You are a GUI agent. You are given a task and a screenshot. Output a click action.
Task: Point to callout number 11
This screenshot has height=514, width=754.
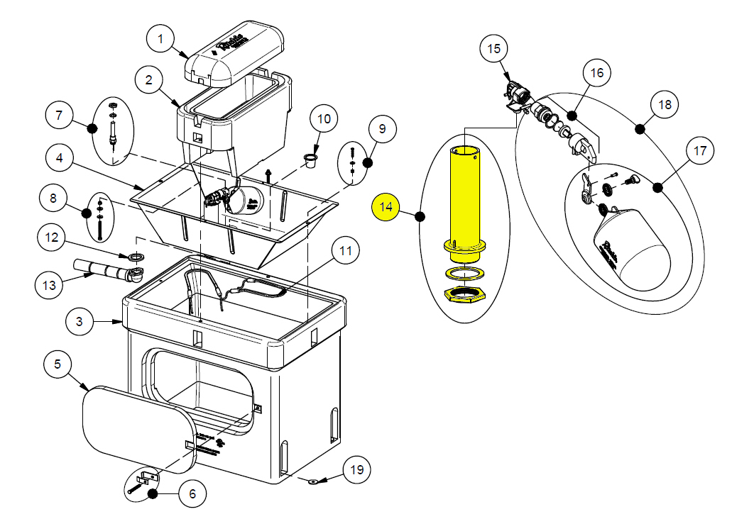[x=346, y=252]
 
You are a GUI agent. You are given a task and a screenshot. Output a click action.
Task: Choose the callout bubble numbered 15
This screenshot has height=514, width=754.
[x=493, y=50]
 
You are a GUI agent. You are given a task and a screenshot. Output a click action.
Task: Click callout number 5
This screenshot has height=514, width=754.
[x=58, y=365]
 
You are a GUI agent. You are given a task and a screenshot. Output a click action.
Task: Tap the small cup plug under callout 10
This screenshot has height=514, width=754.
[x=310, y=160]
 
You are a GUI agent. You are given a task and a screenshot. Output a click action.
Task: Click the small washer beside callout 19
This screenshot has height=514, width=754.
[x=312, y=481]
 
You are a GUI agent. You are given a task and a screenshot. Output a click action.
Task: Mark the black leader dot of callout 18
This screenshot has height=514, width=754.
[x=640, y=128]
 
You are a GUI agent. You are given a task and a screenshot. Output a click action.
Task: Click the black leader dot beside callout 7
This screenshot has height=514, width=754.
[x=92, y=128]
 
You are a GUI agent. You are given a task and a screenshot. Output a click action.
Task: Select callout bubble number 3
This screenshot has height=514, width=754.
[x=80, y=322]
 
